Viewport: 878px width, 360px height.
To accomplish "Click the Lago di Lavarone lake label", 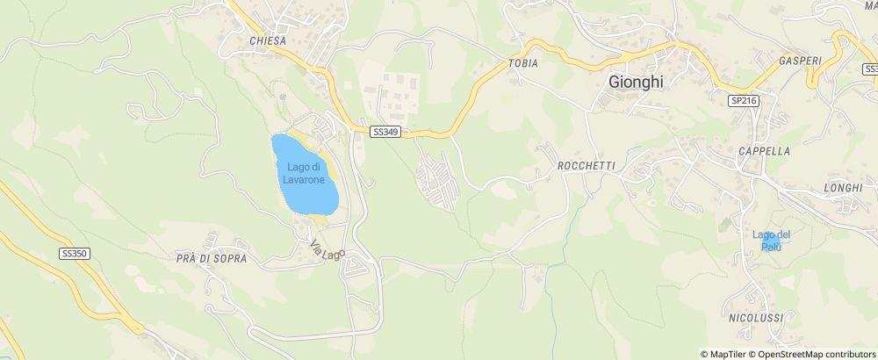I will [x=304, y=173].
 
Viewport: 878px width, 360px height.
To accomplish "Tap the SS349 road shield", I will [x=385, y=132].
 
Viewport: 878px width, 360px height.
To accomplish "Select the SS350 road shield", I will [x=75, y=253].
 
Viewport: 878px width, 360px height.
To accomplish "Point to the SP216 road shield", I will [x=743, y=101].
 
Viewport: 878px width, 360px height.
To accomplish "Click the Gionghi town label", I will [x=637, y=81].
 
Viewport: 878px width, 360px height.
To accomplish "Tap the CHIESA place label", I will [x=267, y=40].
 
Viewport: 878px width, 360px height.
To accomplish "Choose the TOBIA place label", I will [x=522, y=64].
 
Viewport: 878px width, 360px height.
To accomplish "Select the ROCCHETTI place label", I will [x=586, y=166].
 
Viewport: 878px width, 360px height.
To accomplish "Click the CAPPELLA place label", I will [x=764, y=151].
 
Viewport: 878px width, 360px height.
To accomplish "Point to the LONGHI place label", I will [x=844, y=188].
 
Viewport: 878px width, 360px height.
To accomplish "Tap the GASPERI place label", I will [x=799, y=61].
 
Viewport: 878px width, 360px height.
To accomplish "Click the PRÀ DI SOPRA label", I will [x=212, y=259].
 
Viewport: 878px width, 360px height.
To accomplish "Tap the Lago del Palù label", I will [x=772, y=240].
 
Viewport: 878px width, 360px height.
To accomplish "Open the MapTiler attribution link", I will [x=728, y=354].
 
